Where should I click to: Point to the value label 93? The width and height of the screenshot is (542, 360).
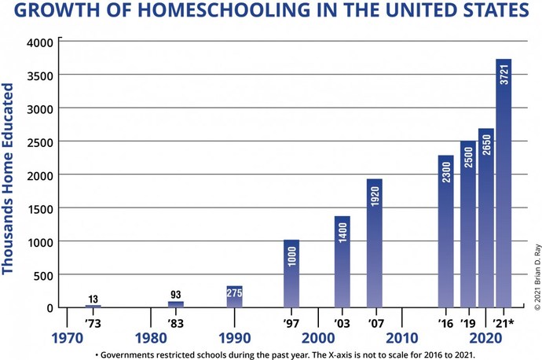click(175, 295)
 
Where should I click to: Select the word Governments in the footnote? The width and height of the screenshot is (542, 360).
click(134, 354)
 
